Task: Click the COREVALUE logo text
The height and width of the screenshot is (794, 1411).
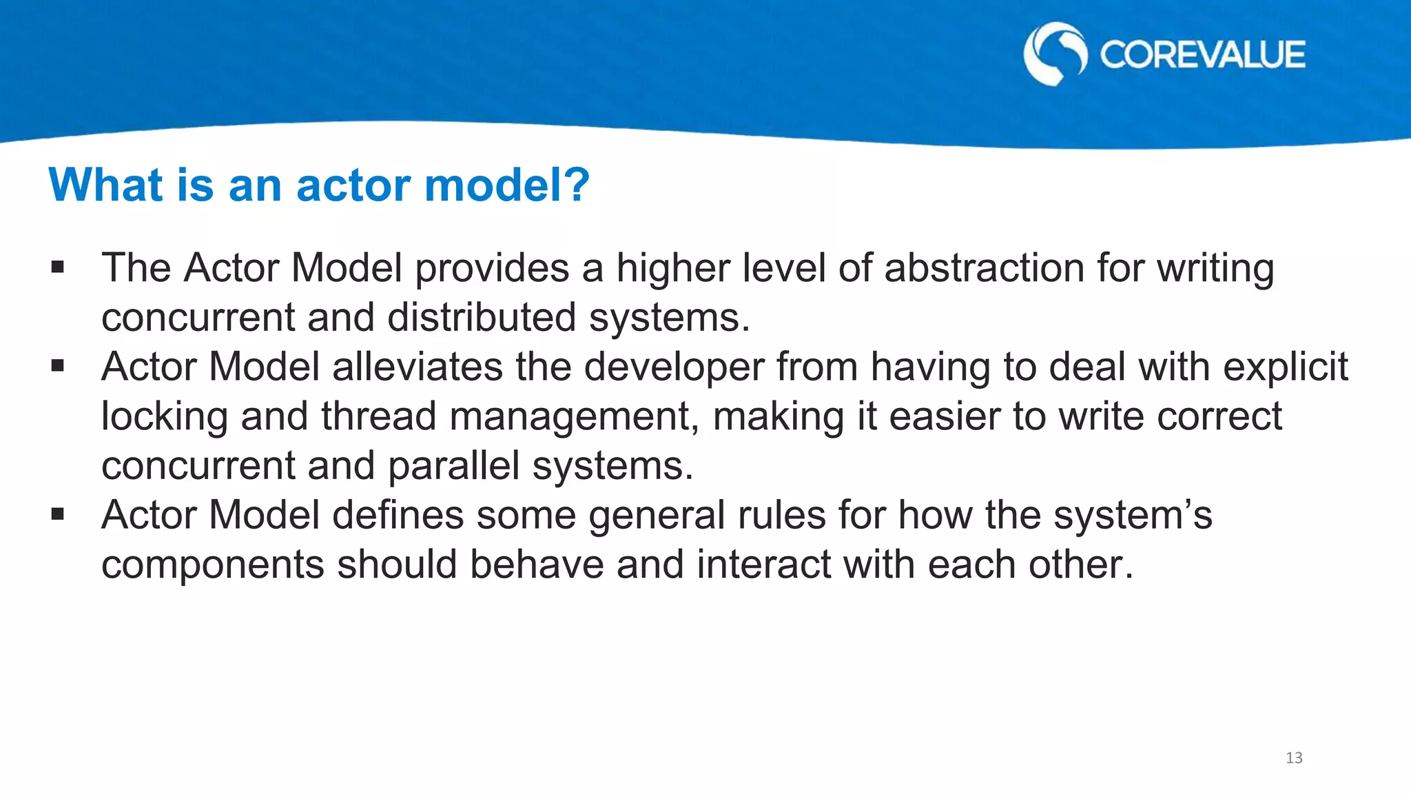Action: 1202,55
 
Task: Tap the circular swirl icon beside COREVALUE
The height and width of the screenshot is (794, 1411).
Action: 1055,54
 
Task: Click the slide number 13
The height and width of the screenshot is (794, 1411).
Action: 1294,758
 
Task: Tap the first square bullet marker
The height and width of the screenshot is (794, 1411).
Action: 57,267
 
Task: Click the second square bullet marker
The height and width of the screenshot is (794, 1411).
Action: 57,366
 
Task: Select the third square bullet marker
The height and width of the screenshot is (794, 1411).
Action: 57,514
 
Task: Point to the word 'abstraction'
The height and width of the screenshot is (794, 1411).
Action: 984,267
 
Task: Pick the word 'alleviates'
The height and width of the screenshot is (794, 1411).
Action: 418,366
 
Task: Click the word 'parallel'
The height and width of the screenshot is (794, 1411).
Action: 453,467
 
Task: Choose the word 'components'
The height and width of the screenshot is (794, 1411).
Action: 213,565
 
